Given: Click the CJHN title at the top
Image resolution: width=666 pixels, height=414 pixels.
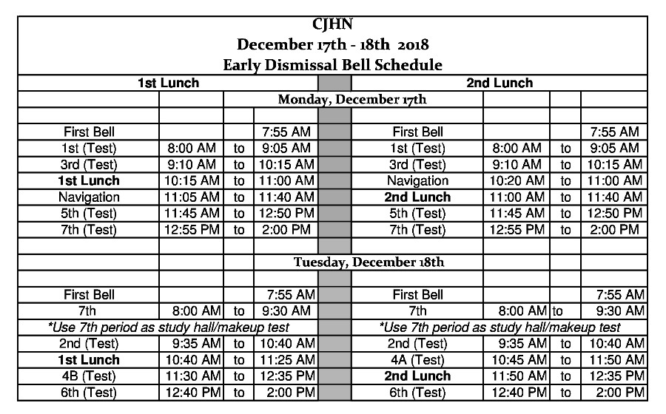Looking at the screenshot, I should pos(333,25).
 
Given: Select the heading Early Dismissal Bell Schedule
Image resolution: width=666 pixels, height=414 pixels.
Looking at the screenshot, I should pos(333,64).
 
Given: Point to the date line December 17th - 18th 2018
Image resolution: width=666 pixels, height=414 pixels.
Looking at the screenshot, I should pos(333,44).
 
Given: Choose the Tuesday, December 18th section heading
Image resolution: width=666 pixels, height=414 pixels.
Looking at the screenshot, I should pos(358,262).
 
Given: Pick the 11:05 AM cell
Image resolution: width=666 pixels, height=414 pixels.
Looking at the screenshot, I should pos(190,197).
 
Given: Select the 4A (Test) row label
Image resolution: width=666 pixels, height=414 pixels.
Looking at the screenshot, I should pos(417,360).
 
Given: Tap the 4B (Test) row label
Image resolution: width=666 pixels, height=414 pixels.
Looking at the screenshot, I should pos(89,376).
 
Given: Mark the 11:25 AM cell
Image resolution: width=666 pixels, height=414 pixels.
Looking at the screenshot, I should pos(285,360).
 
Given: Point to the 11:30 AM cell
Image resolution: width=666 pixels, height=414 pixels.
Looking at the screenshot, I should pos(190,376).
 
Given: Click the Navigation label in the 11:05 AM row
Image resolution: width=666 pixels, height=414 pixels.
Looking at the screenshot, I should pos(89,197).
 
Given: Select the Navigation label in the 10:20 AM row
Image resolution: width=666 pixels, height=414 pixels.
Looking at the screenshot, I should pos(417,180).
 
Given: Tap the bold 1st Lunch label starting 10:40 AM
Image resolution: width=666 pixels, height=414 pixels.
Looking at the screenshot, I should pos(89,360).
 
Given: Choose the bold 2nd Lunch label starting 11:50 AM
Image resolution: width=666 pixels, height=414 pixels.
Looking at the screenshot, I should pos(417,376).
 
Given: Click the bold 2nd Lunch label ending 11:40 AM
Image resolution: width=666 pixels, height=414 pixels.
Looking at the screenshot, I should pos(417,197).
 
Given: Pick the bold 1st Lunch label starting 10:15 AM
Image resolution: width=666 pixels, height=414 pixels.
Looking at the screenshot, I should pos(89,180).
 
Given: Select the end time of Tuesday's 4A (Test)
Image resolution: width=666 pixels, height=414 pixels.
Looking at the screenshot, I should pos(612,360).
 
